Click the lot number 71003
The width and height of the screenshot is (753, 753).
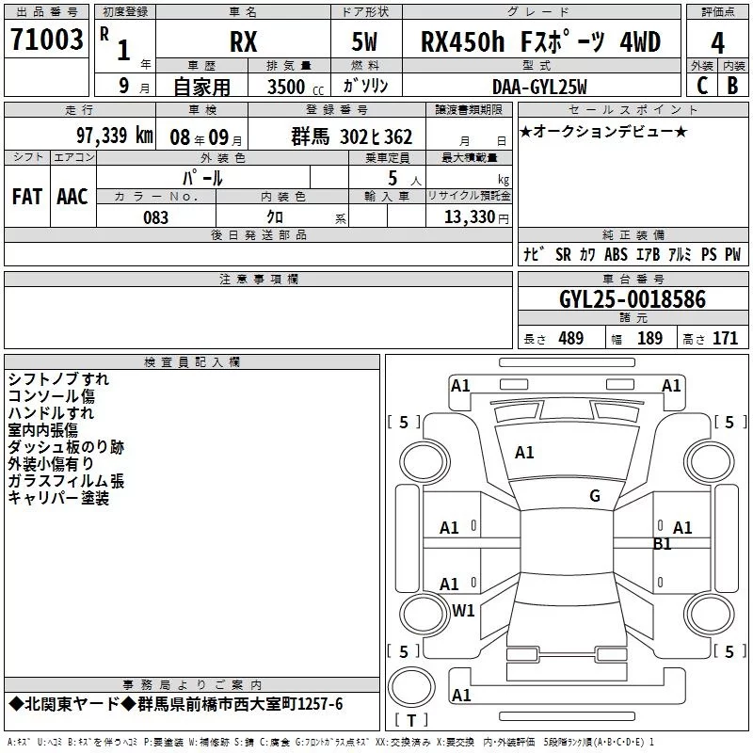pos(46,39)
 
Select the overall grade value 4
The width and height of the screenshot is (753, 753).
pos(717,43)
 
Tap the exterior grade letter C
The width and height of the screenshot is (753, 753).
pos(702,86)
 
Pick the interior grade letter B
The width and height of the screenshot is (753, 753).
pos(732,86)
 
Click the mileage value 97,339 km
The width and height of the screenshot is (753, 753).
pos(115,136)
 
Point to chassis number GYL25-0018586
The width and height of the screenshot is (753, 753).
pos(633,298)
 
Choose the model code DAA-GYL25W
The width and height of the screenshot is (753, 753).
pos(539,87)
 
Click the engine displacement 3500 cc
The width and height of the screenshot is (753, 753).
pos(296,87)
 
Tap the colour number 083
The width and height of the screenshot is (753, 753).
pos(155,217)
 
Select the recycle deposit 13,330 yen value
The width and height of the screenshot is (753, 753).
pos(476,217)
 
